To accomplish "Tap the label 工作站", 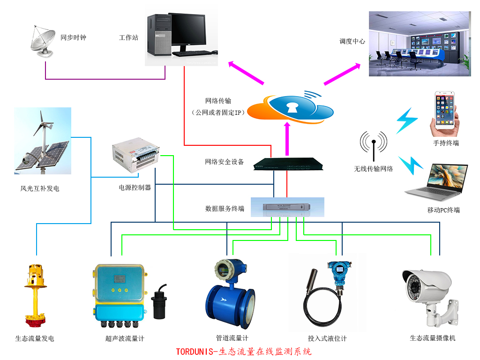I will (128, 37).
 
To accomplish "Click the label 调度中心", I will (352, 41).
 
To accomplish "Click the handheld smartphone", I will (445, 112).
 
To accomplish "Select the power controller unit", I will (136, 155).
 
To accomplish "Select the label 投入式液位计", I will (327, 338).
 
